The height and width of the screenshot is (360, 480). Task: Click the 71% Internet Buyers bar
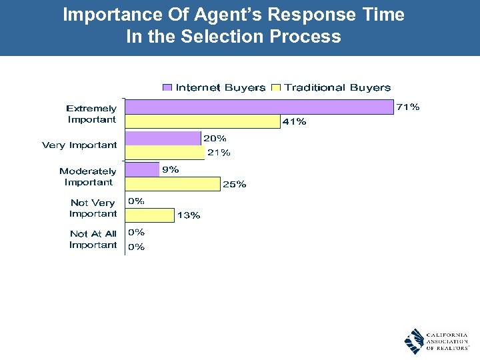[259, 107]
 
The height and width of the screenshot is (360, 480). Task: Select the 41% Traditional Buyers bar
[203, 121]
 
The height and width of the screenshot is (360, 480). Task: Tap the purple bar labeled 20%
[163, 138]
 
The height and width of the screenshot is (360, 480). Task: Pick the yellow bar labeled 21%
[165, 153]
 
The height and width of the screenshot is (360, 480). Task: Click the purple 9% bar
[143, 169]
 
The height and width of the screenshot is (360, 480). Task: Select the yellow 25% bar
[173, 184]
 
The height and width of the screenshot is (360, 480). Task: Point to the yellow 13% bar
[150, 215]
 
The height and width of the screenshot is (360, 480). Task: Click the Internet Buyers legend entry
[214, 87]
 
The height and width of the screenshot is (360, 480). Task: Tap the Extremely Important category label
[91, 114]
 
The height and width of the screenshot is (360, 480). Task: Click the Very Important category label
[79, 145]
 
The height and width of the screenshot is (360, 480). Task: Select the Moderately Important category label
[88, 177]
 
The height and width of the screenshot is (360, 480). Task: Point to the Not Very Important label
[93, 208]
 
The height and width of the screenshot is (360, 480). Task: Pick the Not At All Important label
[93, 239]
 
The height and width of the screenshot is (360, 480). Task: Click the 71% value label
[408, 107]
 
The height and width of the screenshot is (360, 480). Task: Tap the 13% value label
[188, 215]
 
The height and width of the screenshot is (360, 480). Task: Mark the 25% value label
[234, 185]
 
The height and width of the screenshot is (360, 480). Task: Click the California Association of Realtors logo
[436, 341]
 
